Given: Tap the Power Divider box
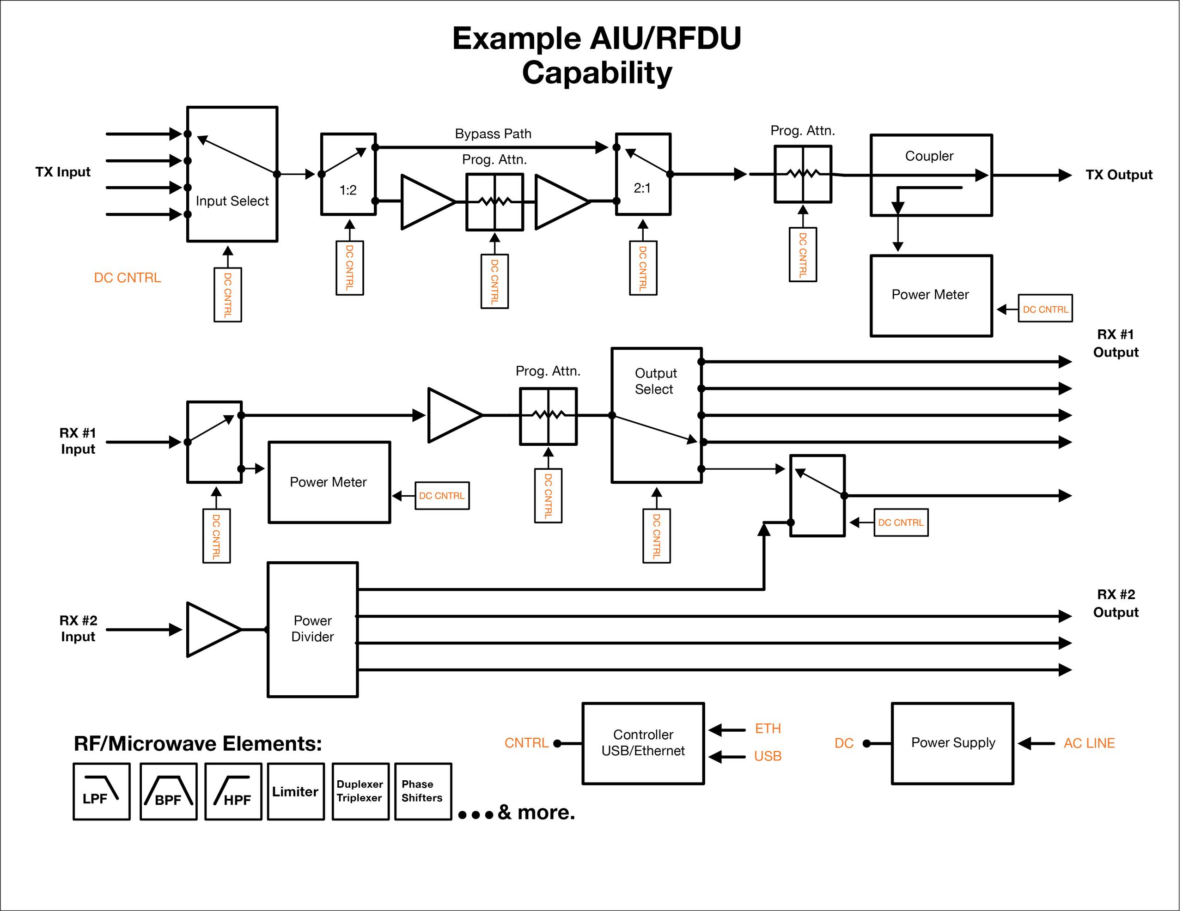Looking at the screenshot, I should click(x=312, y=629).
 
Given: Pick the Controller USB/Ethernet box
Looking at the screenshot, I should click(x=643, y=743).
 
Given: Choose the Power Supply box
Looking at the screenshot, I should click(x=952, y=743).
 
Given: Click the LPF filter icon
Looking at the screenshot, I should click(x=101, y=791).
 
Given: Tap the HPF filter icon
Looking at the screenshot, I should click(x=233, y=791).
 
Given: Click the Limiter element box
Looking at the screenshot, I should click(x=296, y=791).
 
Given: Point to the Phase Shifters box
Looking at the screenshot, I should click(x=422, y=791).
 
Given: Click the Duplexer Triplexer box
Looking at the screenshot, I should click(x=360, y=791).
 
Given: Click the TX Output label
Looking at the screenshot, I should click(x=1119, y=175).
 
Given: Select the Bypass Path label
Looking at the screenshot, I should click(x=493, y=134).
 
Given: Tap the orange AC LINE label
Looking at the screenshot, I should click(x=1089, y=743).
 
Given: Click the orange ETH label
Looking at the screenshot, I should click(x=768, y=729).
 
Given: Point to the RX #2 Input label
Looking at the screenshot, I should click(x=78, y=628).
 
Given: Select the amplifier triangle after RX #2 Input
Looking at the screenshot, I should click(x=212, y=629).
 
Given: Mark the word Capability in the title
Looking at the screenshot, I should click(x=597, y=73).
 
